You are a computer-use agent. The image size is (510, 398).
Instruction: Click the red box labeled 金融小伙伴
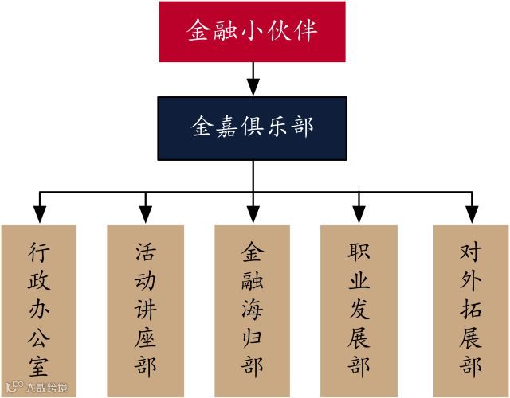click(253, 32)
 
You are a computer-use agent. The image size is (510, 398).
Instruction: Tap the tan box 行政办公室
click(39, 310)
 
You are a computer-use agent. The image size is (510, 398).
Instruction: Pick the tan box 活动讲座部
click(146, 310)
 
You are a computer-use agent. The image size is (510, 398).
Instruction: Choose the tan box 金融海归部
click(253, 310)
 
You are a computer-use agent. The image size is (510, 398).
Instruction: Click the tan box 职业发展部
click(359, 310)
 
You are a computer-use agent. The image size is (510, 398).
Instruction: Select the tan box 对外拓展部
click(471, 310)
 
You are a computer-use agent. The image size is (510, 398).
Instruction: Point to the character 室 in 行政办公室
click(39, 367)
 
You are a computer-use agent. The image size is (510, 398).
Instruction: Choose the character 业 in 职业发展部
click(359, 282)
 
